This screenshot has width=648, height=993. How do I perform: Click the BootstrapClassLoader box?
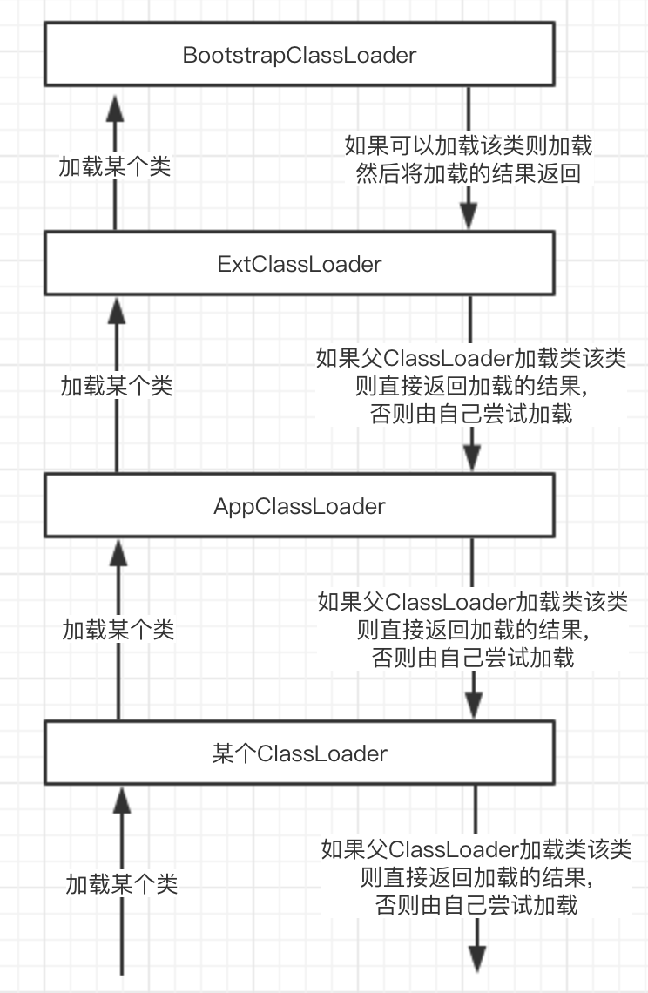[300, 56]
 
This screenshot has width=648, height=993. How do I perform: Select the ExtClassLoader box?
[300, 263]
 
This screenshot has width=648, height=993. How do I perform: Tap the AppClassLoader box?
[300, 506]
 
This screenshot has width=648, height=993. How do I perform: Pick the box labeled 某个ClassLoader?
[300, 753]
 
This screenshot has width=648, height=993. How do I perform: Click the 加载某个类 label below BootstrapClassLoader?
[115, 167]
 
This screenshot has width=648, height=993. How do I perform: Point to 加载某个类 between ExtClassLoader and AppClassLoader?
[117, 385]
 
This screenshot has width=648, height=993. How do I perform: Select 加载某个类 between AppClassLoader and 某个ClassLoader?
[118, 628]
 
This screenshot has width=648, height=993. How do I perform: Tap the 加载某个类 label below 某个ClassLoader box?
[122, 884]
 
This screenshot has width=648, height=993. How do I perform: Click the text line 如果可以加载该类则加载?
[469, 145]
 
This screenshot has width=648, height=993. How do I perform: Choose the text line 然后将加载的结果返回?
[469, 173]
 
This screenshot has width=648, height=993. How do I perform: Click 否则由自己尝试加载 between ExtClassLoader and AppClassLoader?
[472, 413]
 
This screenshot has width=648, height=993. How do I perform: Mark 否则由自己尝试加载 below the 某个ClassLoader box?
[476, 905]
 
